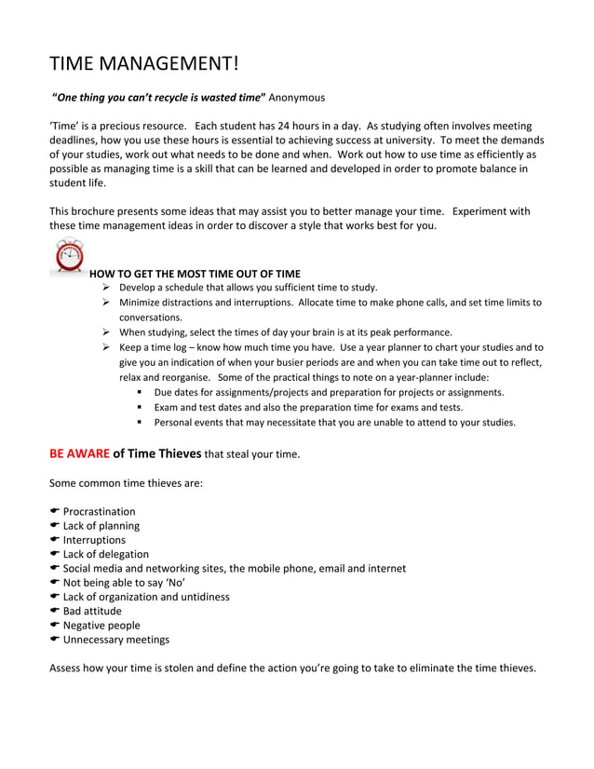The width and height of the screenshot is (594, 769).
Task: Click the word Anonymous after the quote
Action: click(x=297, y=97)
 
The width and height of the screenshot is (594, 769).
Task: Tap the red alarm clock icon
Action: click(x=69, y=256)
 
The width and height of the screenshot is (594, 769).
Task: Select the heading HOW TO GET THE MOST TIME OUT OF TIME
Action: click(x=195, y=274)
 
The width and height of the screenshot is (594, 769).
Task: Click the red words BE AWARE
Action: click(x=78, y=454)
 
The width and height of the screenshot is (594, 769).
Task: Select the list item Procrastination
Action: click(x=99, y=511)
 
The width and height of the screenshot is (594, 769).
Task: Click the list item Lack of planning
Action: click(x=101, y=526)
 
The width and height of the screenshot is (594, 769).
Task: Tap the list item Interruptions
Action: click(x=94, y=540)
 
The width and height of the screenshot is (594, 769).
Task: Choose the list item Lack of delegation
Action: click(x=105, y=554)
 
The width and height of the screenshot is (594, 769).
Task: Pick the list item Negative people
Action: click(x=101, y=626)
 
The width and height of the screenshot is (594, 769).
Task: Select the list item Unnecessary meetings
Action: click(x=116, y=640)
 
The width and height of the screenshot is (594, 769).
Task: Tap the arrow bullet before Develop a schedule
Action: click(x=107, y=288)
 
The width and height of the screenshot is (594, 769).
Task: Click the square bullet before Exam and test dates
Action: click(x=140, y=408)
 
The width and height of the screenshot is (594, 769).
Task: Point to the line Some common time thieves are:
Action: click(x=126, y=483)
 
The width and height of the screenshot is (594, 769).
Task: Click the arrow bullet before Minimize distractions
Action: click(x=107, y=303)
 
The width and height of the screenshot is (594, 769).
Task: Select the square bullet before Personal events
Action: click(x=140, y=423)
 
